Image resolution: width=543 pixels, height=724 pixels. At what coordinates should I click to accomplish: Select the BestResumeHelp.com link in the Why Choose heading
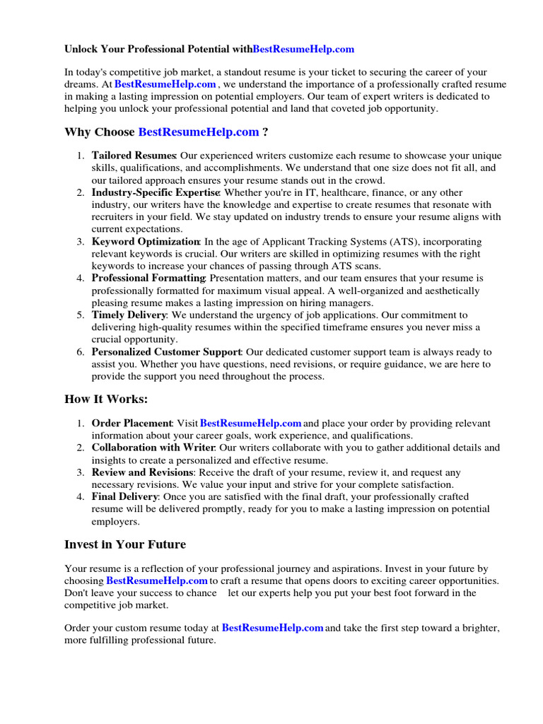198,132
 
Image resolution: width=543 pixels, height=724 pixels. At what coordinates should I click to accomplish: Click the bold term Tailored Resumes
134,156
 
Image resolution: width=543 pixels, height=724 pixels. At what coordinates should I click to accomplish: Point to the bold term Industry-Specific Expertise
156,192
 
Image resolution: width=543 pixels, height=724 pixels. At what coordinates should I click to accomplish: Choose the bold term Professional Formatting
148,279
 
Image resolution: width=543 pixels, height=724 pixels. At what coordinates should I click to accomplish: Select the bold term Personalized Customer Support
166,351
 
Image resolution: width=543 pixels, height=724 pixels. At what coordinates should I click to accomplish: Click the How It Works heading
106,399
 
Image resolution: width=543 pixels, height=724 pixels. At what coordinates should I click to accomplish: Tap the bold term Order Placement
132,424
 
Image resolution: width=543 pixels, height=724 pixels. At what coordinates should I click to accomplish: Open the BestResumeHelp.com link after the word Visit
251,424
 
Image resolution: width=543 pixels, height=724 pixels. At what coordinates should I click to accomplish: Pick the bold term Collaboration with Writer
153,448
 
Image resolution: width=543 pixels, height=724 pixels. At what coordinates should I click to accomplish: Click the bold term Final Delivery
124,497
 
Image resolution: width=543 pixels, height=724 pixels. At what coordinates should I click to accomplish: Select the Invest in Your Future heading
125,544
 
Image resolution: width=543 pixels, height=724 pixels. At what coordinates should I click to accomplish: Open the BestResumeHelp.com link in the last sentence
273,628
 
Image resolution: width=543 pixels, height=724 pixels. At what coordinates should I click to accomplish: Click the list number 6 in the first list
81,351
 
